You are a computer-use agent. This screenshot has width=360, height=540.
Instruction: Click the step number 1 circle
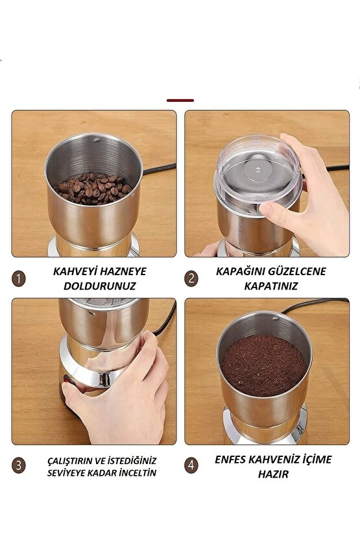point(19,278)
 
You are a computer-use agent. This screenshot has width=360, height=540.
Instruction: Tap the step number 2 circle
point(191,278)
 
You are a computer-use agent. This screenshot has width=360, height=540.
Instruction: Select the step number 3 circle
point(19,465)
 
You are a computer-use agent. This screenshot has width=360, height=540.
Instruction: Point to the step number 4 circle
point(191,465)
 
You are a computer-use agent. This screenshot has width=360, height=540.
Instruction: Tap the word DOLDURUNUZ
point(99,286)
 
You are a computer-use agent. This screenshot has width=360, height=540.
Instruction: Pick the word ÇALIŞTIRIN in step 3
point(67,460)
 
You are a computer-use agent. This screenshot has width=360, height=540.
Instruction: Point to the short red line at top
point(180,101)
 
